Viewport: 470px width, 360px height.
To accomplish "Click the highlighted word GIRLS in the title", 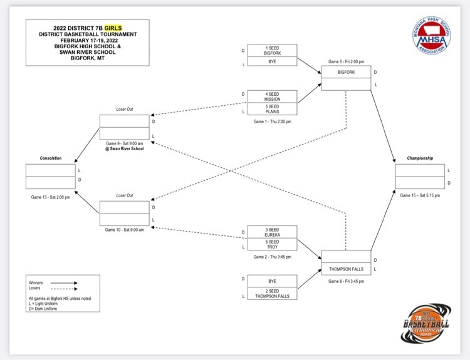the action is click(113, 28).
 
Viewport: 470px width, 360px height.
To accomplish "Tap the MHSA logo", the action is click(431, 36).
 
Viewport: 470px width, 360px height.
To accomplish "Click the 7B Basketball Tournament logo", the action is click(426, 323).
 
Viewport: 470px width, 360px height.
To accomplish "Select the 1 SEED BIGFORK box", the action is click(272, 51).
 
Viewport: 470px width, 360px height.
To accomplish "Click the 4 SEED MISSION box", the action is click(272, 96).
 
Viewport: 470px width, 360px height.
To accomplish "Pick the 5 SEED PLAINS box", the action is click(272, 109).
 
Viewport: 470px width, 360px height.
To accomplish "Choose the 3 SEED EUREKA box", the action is click(272, 232).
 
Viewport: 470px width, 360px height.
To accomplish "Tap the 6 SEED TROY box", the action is click(272, 244).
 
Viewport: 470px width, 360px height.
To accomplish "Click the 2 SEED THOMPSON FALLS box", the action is click(272, 294).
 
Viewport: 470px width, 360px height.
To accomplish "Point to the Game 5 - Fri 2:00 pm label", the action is click(346, 62).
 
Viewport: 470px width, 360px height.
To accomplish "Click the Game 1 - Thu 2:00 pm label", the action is click(272, 121).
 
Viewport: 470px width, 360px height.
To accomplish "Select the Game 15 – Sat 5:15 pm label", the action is click(420, 195).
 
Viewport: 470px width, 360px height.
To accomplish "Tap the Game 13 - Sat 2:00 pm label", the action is click(51, 197).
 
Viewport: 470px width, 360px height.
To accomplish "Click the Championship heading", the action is click(420, 158).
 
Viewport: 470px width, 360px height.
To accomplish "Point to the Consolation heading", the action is click(51, 158).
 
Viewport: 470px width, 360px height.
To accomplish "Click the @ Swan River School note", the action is click(125, 148).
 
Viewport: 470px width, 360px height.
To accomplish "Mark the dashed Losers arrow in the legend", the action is click(64, 289).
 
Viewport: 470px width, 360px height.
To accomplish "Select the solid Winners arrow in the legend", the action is click(64, 283).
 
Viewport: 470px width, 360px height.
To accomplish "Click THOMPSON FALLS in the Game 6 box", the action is click(346, 269).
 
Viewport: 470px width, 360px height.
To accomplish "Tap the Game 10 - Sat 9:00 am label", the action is click(125, 230).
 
